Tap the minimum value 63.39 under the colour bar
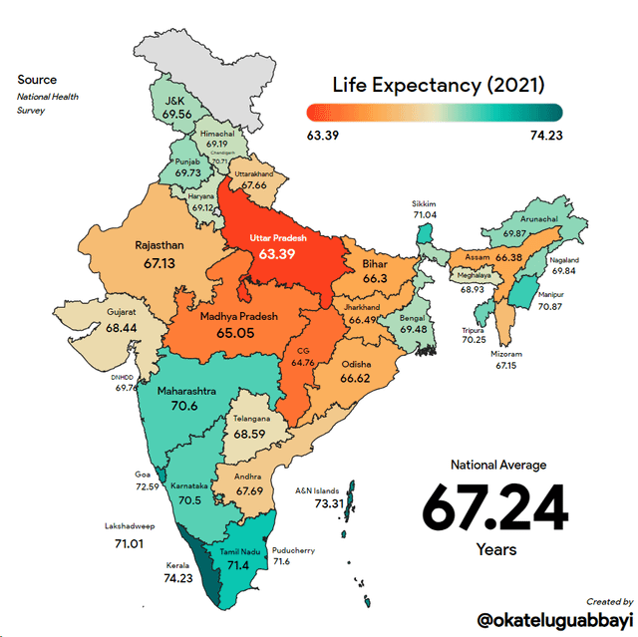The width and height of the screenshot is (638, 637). click(323, 135)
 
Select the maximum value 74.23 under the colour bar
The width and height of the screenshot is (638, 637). click(546, 135)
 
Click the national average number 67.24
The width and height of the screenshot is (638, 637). click(494, 507)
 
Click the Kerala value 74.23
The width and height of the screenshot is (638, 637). click(178, 578)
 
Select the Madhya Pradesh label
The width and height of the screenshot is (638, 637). click(237, 316)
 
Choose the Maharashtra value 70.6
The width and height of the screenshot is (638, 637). click(185, 406)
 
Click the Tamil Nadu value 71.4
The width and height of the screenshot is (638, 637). click(238, 565)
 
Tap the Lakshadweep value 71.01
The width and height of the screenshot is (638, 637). click(130, 544)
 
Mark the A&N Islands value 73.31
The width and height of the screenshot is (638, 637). click(329, 504)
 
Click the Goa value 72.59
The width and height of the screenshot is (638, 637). click(147, 486)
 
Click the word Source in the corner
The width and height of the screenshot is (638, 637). click(37, 80)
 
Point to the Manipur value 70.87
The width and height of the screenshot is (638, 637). click(550, 308)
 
